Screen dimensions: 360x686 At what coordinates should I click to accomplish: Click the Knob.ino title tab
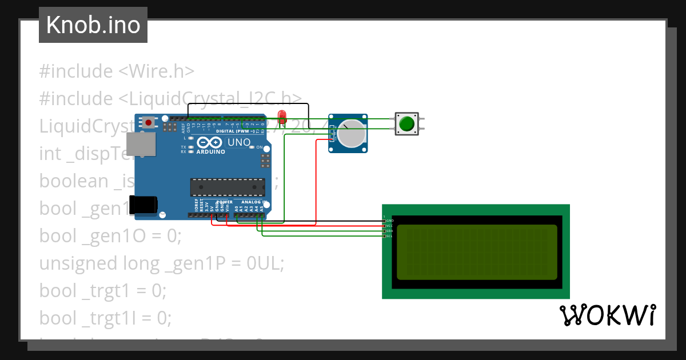click(93, 25)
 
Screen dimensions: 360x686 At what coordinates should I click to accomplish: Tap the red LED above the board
click(281, 118)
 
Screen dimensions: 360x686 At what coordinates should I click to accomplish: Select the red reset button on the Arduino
click(149, 122)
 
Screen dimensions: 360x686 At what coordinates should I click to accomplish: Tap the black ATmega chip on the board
click(228, 187)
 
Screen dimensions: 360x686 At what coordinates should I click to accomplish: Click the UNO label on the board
click(239, 142)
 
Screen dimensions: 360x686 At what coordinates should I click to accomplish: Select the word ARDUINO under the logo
click(210, 152)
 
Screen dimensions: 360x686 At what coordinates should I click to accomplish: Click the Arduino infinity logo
click(210, 142)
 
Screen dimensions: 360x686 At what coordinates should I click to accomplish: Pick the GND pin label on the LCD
click(389, 221)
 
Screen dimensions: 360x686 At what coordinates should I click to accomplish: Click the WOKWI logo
click(607, 315)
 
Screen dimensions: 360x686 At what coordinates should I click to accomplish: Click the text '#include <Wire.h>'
click(117, 71)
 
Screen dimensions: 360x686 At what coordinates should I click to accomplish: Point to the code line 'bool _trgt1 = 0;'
click(103, 290)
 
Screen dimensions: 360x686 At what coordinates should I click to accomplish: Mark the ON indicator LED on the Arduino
click(259, 147)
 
